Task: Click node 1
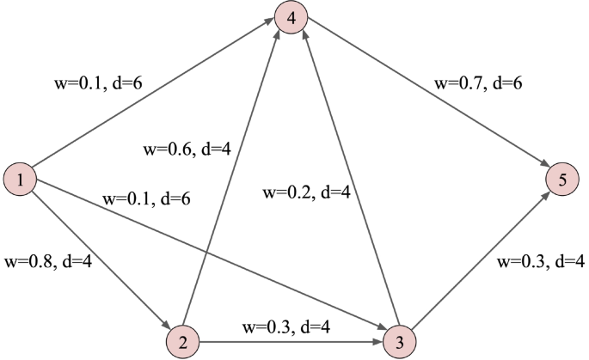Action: click(x=20, y=179)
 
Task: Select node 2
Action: click(x=182, y=340)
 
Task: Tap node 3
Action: click(x=399, y=340)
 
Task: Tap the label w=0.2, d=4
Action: click(x=306, y=193)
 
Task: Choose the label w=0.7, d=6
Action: click(x=479, y=85)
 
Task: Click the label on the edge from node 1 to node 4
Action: click(x=97, y=85)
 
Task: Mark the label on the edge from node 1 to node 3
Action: click(x=146, y=198)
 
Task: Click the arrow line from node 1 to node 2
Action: click(x=101, y=259)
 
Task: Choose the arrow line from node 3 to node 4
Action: click(x=345, y=179)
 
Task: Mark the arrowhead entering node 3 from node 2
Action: click(x=377, y=340)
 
